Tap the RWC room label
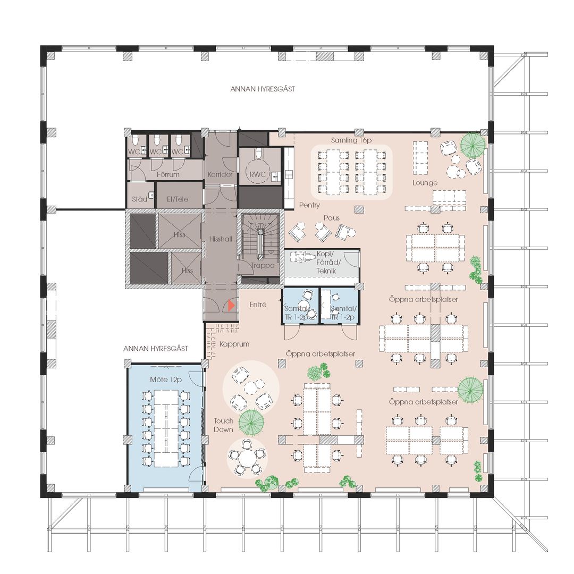tap(258, 175)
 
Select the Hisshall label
tap(221, 239)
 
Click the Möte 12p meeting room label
tap(166, 379)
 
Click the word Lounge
tap(425, 183)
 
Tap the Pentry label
tap(309, 205)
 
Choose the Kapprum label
tap(234, 344)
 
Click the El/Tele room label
tap(178, 199)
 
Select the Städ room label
tap(139, 199)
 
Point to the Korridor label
tap(220, 175)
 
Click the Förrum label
tap(168, 174)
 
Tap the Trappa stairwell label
tap(263, 265)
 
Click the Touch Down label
tap(223, 425)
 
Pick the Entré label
tap(258, 305)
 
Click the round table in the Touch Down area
tap(247, 458)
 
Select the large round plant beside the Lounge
tap(472, 145)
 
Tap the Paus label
tap(331, 218)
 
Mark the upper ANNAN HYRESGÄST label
tap(263, 89)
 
